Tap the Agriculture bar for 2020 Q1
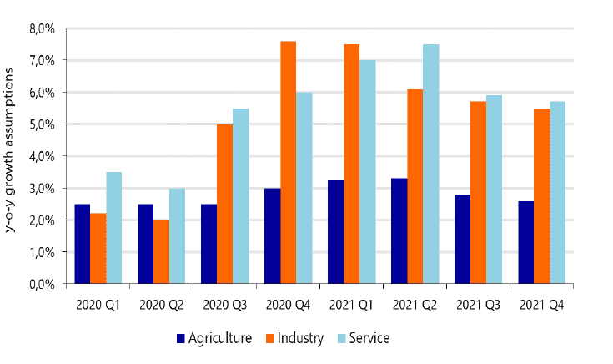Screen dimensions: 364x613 [82, 244]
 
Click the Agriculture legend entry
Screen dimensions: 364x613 [213, 338]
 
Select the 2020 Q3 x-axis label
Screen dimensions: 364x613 [224, 306]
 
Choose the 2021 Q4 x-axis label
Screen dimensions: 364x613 [541, 306]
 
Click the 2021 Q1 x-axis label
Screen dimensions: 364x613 [351, 306]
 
